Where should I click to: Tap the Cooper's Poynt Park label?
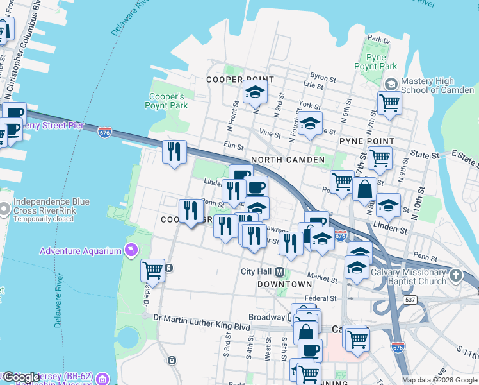(x=168, y=101)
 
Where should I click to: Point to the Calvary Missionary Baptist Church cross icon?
(x=455, y=276)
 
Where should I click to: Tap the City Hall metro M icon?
(x=280, y=271)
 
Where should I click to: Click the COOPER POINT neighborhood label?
(x=240, y=80)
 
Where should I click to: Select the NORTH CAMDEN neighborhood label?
(x=288, y=159)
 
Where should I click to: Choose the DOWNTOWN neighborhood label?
(x=284, y=284)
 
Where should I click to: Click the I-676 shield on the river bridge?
(x=105, y=132)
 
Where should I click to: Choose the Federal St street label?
(x=320, y=298)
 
